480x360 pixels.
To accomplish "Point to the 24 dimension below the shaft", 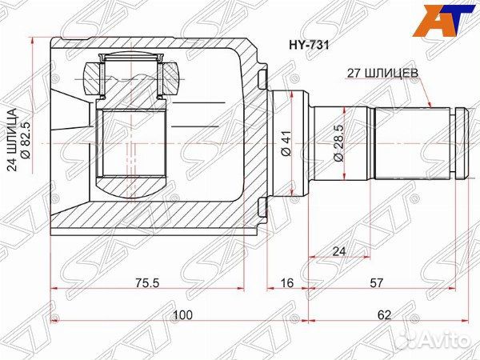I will [339, 252].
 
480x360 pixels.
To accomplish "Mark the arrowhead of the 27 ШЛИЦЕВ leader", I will [433, 106].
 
